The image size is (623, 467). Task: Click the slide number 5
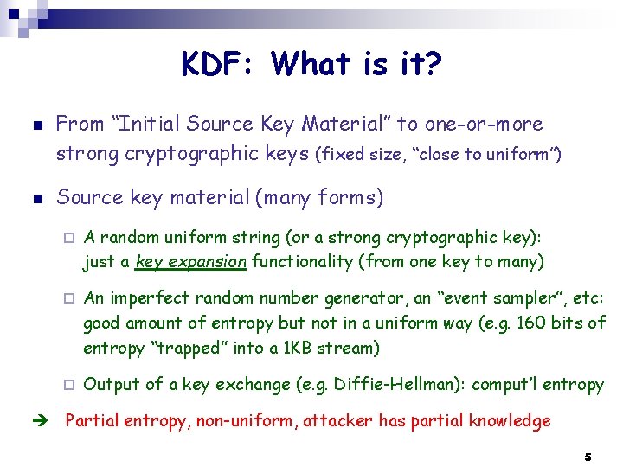pos(588,456)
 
